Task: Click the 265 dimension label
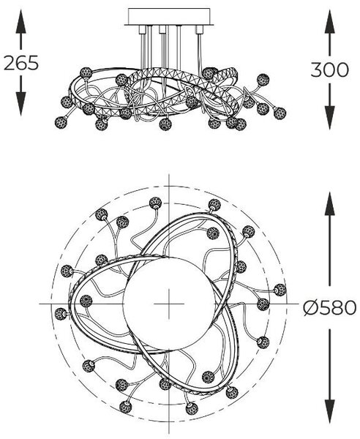point(21,63)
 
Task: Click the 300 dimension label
point(330,70)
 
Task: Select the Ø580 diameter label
point(330,308)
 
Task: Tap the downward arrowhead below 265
point(21,103)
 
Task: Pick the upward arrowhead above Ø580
point(330,203)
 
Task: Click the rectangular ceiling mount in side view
point(169,17)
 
